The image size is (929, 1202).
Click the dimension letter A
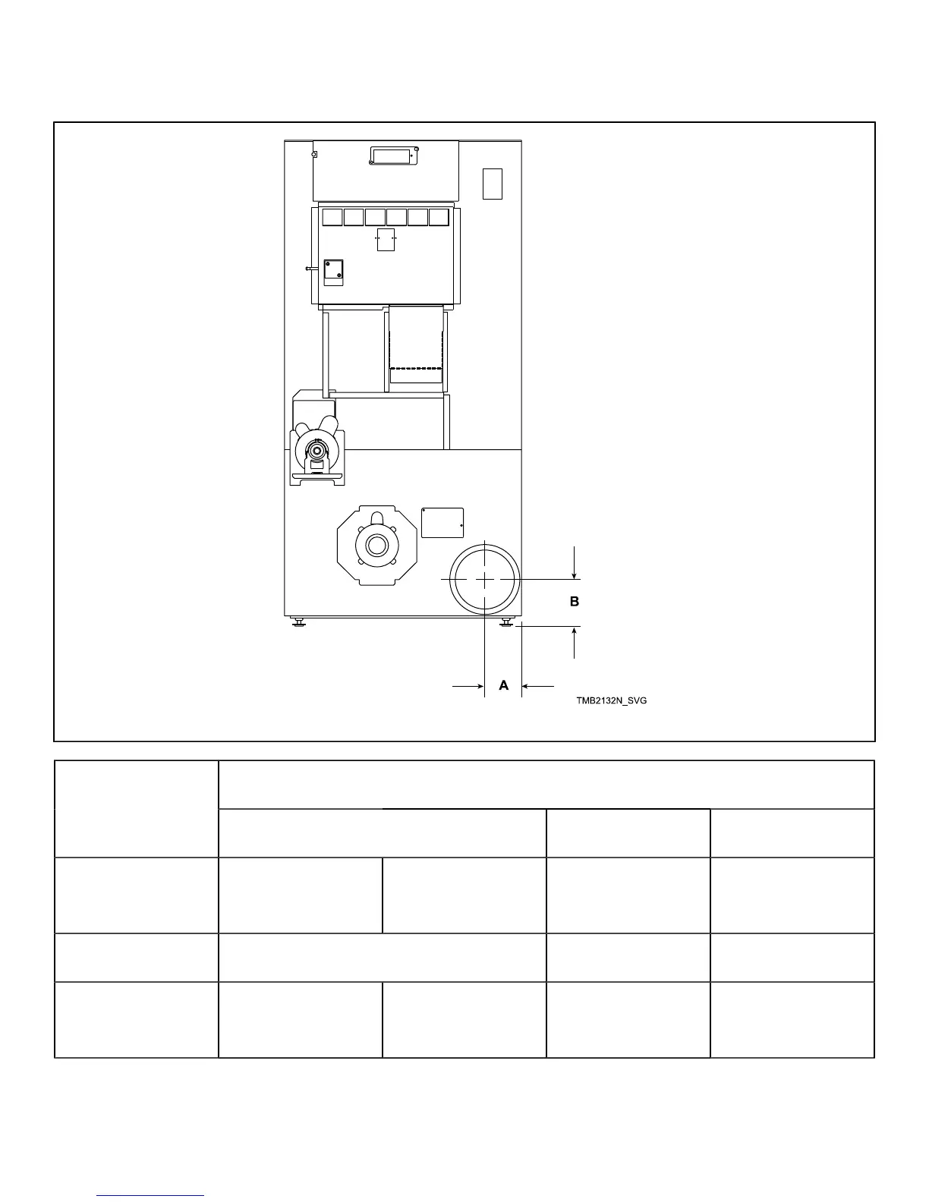[x=503, y=685]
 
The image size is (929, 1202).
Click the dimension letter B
[x=575, y=601]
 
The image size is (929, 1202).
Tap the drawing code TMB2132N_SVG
[x=611, y=700]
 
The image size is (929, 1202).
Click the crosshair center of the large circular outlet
[x=485, y=579]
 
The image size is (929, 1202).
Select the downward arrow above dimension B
[x=575, y=570]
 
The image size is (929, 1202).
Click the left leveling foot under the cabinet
[x=299, y=623]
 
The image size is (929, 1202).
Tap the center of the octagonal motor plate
[x=376, y=546]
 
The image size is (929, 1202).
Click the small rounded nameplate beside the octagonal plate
[x=442, y=522]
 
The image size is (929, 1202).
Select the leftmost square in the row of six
[x=332, y=218]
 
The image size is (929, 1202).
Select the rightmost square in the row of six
[x=439, y=218]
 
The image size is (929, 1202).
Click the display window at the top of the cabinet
[x=393, y=156]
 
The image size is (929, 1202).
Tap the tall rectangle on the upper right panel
[x=493, y=183]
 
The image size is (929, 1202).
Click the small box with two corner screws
[x=334, y=272]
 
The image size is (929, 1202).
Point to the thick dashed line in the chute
[x=415, y=369]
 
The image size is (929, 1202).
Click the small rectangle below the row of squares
[x=386, y=239]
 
